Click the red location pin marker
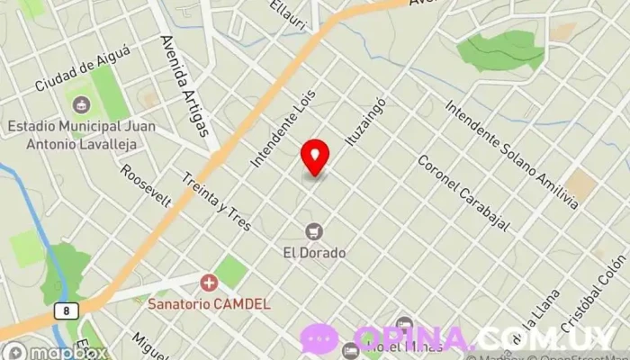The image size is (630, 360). [x=315, y=158]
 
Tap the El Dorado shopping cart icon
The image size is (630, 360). [x=314, y=231]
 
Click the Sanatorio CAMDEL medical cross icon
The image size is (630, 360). [x=210, y=283]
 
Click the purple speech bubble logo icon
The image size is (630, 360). [x=319, y=339]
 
